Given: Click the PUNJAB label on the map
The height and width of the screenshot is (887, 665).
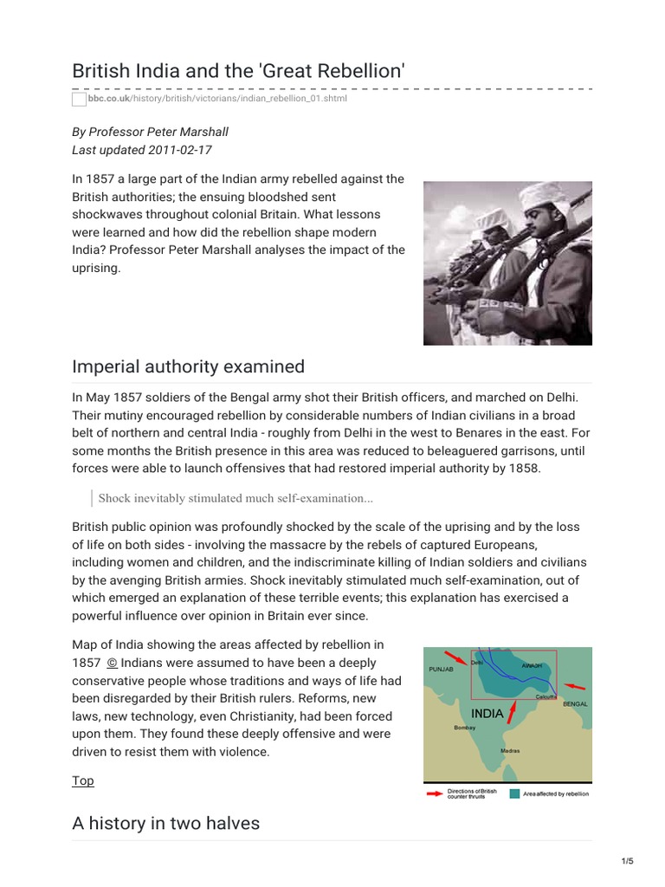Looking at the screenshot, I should tap(441, 670).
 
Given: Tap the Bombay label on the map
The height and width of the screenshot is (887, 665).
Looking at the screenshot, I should tap(464, 728).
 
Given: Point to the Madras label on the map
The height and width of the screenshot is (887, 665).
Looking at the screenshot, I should tap(510, 750).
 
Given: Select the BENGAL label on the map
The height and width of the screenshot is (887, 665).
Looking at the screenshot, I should tap(575, 704).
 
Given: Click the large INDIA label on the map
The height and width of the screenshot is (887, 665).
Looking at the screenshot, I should tap(487, 714).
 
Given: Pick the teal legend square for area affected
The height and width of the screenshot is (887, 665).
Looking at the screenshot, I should tap(514, 793).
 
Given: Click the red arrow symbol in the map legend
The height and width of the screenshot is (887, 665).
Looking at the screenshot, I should tap(435, 793).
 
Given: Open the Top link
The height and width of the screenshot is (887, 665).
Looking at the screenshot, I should tap(83, 780).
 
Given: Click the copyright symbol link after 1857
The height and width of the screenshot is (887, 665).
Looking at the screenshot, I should tap(112, 663).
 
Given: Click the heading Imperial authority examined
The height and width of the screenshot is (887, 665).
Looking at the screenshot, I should tap(189, 366).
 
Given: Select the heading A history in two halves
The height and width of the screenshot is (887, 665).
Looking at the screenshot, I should tap(165, 823).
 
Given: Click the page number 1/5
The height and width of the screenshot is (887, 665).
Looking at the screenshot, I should tap(628, 861).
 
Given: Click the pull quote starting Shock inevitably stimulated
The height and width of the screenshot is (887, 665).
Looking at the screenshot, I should tap(236, 498).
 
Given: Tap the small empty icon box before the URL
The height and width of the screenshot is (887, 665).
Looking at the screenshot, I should tap(79, 100).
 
